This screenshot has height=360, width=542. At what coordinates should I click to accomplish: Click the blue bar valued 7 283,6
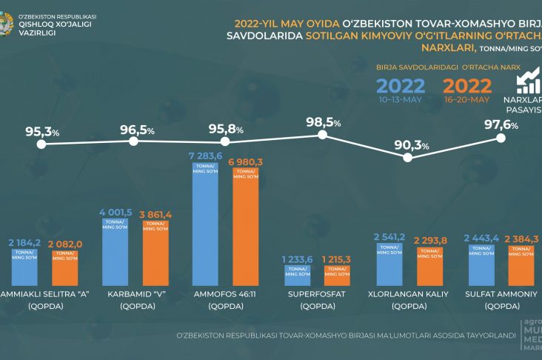[x=205, y=230]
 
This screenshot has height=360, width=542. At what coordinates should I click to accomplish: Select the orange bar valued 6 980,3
[x=247, y=231]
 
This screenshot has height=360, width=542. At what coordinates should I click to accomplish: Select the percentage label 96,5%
[x=138, y=130]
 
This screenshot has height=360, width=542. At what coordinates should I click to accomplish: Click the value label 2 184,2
[x=25, y=242]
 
